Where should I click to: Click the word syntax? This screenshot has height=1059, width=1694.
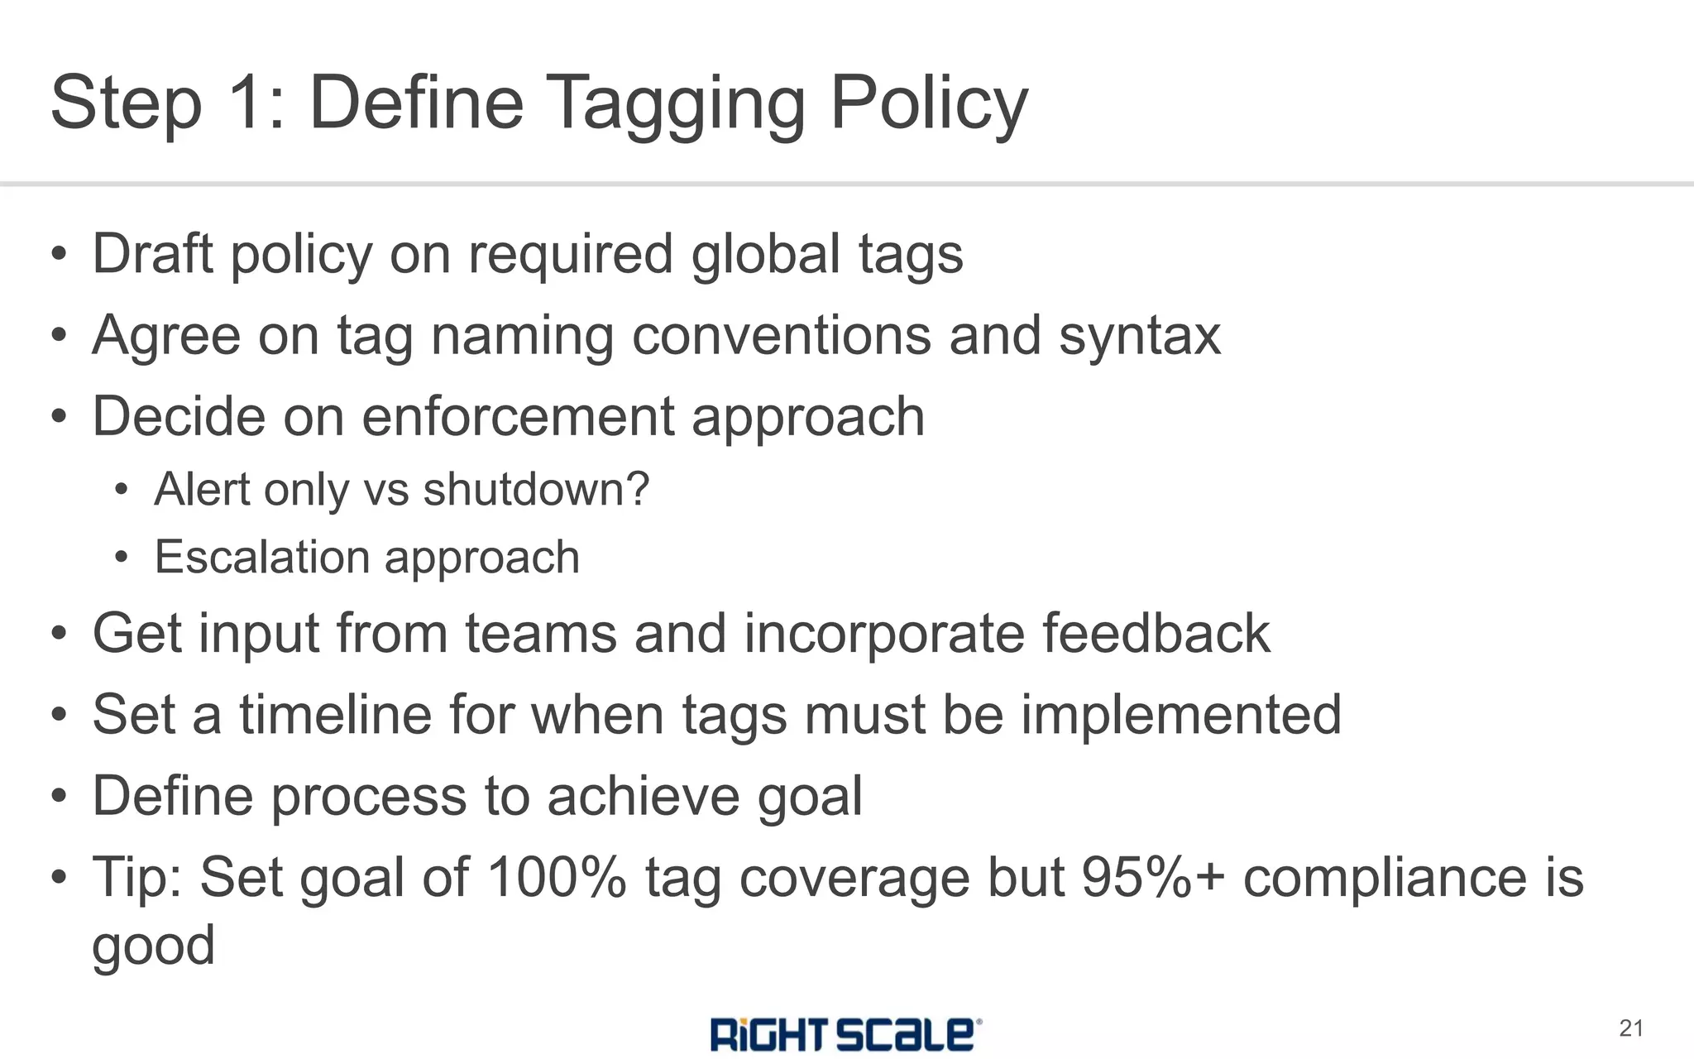tap(1140, 337)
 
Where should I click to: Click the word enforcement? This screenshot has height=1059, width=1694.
tap(518, 416)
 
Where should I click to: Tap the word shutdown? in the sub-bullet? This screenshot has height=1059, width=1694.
tap(536, 489)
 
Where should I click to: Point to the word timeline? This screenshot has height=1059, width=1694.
tap(336, 714)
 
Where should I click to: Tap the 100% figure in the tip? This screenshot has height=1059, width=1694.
tap(557, 877)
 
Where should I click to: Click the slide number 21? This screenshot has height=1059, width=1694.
tap(1630, 1028)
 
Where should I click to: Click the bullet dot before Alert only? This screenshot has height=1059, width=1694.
tap(122, 490)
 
